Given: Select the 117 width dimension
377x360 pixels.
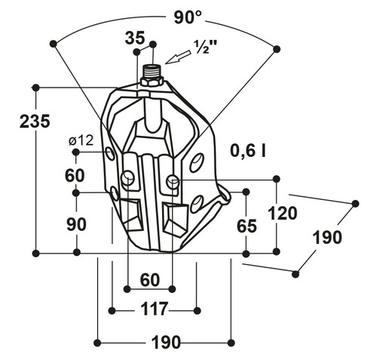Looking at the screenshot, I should tap(155, 309).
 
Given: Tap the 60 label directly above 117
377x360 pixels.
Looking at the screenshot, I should tap(150, 280).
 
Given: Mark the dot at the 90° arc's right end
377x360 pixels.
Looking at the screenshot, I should tap(277, 49).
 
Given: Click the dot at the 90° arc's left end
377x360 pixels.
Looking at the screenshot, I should tap(53, 44).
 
